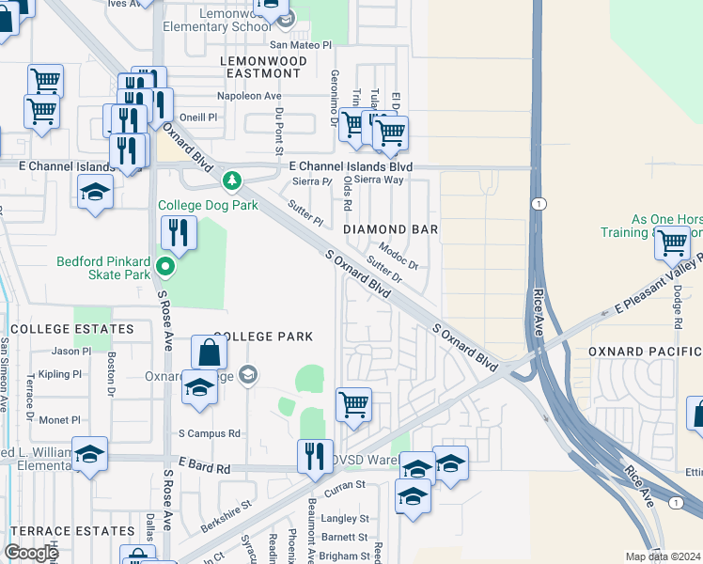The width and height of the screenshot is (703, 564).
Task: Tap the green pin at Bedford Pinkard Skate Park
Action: click(165, 268)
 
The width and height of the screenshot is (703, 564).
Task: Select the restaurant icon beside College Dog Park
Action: click(176, 232)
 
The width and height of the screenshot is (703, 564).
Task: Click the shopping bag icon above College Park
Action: click(210, 352)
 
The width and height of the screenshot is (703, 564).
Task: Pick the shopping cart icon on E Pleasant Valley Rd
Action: click(673, 243)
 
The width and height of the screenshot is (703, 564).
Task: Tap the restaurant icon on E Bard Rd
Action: click(315, 456)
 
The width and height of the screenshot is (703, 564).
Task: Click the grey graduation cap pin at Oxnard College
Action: click(247, 376)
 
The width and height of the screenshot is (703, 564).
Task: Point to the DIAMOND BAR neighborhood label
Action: click(390, 229)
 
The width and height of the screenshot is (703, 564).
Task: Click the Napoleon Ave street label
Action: click(250, 97)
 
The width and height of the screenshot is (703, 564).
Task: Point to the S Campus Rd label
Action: click(210, 434)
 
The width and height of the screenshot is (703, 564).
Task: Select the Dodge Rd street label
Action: click(677, 306)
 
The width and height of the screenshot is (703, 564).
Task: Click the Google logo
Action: click(31, 553)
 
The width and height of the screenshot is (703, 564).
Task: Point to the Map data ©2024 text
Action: click(664, 556)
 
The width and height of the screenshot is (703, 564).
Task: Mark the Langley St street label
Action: click(346, 518)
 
